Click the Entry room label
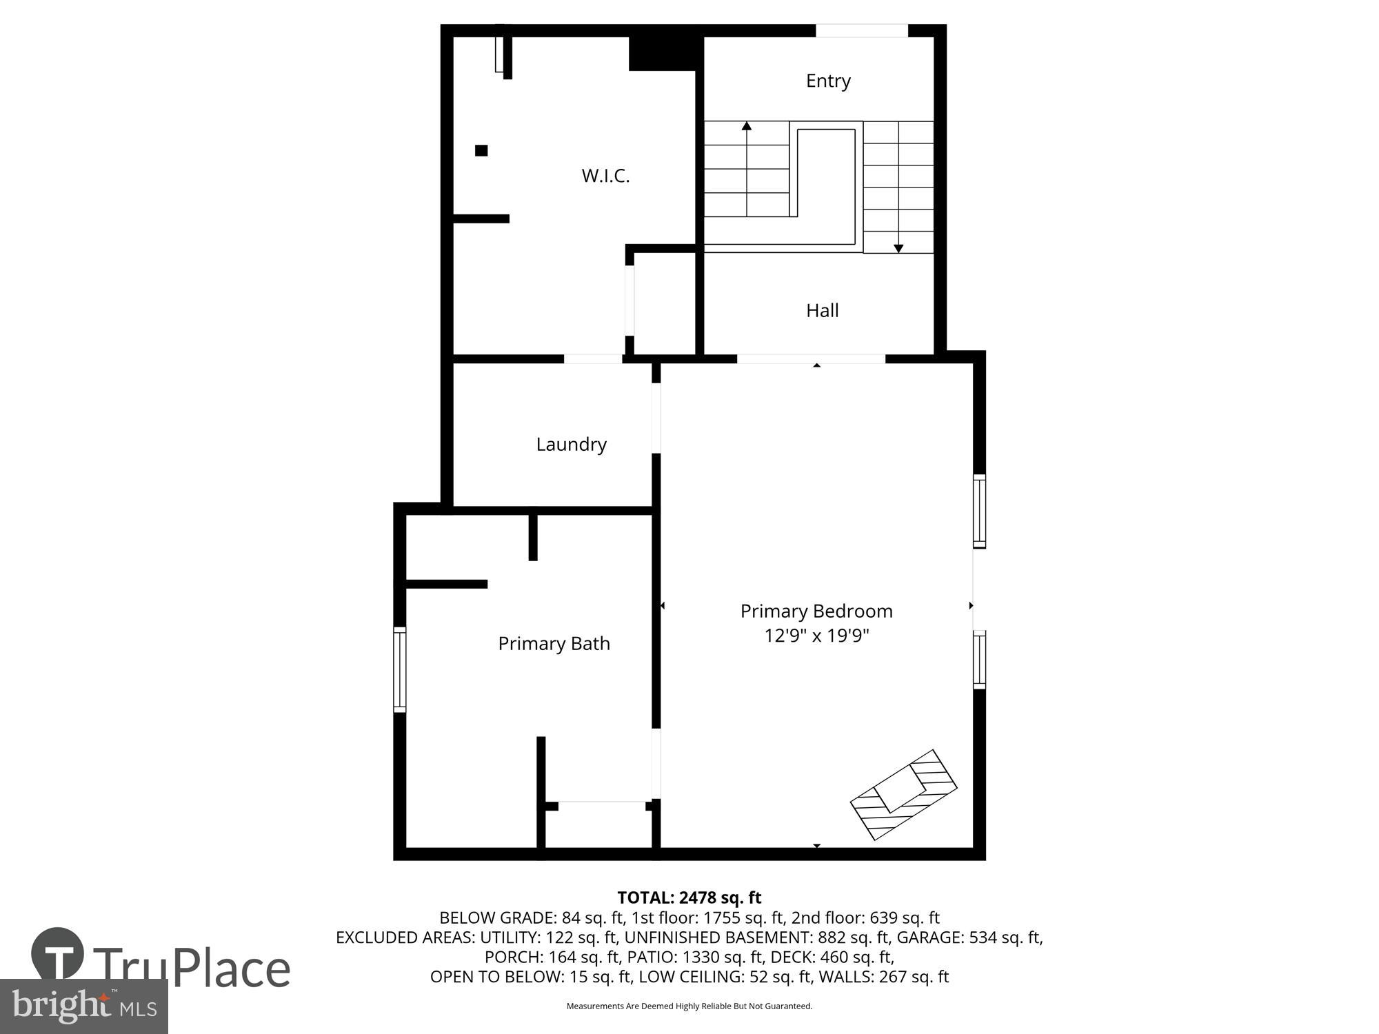(x=827, y=81)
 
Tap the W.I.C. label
(x=605, y=176)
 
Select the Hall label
(x=822, y=310)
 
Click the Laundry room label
(x=571, y=444)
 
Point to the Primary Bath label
(x=554, y=643)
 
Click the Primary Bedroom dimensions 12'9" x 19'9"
(x=816, y=635)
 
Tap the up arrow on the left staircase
(x=746, y=126)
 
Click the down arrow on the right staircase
(x=898, y=248)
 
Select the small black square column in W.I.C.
(x=481, y=150)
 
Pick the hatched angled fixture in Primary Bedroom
(x=904, y=794)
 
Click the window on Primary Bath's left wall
(x=399, y=669)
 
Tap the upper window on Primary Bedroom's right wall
(x=979, y=511)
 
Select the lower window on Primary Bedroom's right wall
(x=979, y=660)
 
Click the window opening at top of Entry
(x=862, y=30)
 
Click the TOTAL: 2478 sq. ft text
(x=689, y=898)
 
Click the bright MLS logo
(x=84, y=1006)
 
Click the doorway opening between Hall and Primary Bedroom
(x=811, y=358)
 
